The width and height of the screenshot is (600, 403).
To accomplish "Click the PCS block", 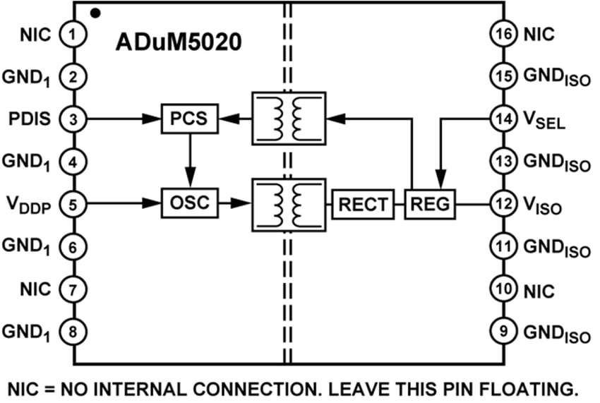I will (189, 118).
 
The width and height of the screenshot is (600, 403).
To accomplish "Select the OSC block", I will (188, 203).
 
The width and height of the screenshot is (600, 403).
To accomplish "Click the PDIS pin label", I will (31, 118).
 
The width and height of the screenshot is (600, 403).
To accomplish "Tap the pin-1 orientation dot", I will (95, 12).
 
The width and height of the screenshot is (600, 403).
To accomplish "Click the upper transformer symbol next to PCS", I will (288, 118).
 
